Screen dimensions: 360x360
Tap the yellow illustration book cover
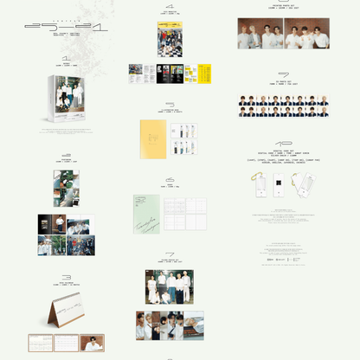[x=152, y=138]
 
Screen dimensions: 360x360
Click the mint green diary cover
[x=145, y=213]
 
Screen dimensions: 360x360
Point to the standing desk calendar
[x=66, y=312]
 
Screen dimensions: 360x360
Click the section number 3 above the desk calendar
[x=67, y=279]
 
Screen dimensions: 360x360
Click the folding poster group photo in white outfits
[x=170, y=286]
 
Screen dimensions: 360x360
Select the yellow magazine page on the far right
[x=203, y=74]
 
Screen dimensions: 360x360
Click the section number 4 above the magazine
[x=170, y=6]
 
